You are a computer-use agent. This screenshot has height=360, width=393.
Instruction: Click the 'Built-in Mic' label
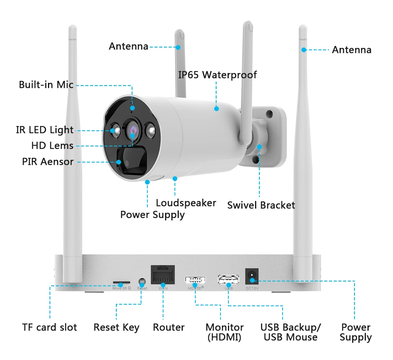click(x=46, y=84)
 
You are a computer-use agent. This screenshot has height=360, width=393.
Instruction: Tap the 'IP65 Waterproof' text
click(x=217, y=75)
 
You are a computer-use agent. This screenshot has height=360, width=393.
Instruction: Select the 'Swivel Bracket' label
click(x=261, y=205)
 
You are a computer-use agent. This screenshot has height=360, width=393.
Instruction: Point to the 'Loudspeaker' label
click(x=186, y=203)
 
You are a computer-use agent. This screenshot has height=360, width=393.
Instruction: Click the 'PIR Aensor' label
click(x=48, y=161)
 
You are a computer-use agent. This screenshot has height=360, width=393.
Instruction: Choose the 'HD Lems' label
click(x=52, y=146)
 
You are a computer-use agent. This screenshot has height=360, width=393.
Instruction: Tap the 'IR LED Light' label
click(x=44, y=130)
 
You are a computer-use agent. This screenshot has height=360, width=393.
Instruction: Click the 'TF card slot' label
click(x=50, y=327)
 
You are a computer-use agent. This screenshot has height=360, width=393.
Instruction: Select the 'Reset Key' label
click(x=116, y=327)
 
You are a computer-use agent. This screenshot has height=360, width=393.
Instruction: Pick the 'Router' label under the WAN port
click(x=169, y=327)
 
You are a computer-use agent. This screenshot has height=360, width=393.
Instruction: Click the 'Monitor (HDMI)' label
click(x=224, y=332)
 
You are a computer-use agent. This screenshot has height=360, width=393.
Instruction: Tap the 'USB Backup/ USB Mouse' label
click(x=290, y=332)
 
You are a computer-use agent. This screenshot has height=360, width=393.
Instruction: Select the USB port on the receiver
click(x=228, y=280)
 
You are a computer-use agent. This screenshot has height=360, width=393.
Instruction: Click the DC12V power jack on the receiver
click(x=252, y=277)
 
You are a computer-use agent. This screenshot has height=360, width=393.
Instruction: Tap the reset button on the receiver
click(x=142, y=281)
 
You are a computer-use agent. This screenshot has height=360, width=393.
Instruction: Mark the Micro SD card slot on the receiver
click(x=122, y=283)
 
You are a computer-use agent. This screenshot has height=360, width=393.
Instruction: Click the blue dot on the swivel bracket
click(x=259, y=147)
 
